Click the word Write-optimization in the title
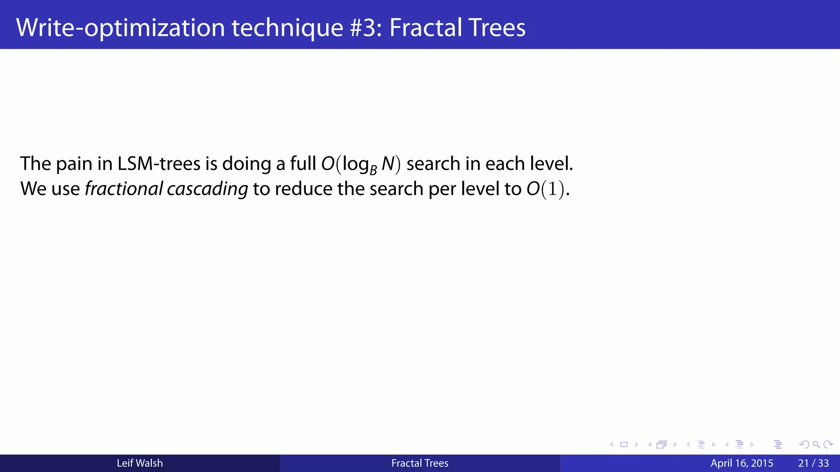pos(120,28)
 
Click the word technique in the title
pos(288,28)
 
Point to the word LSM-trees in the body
pos(159,164)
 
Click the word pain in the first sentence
pos(74,164)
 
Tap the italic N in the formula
pos(388,164)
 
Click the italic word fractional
pos(124,189)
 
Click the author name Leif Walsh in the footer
pos(139,463)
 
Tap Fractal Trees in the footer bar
pos(420,463)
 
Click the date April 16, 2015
pos(742,463)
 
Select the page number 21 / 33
pos(813,463)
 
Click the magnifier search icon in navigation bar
pos(816,445)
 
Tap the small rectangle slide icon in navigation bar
pos(624,445)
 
